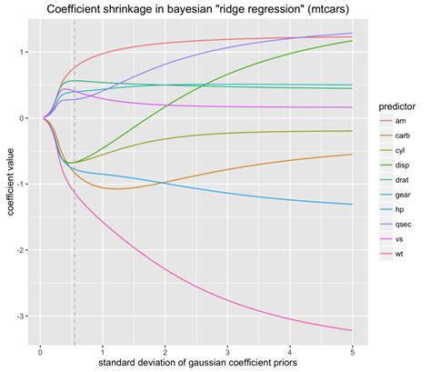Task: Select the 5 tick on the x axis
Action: (352, 350)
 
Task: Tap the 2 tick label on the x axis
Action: (165, 350)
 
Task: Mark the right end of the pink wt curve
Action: (352, 330)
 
